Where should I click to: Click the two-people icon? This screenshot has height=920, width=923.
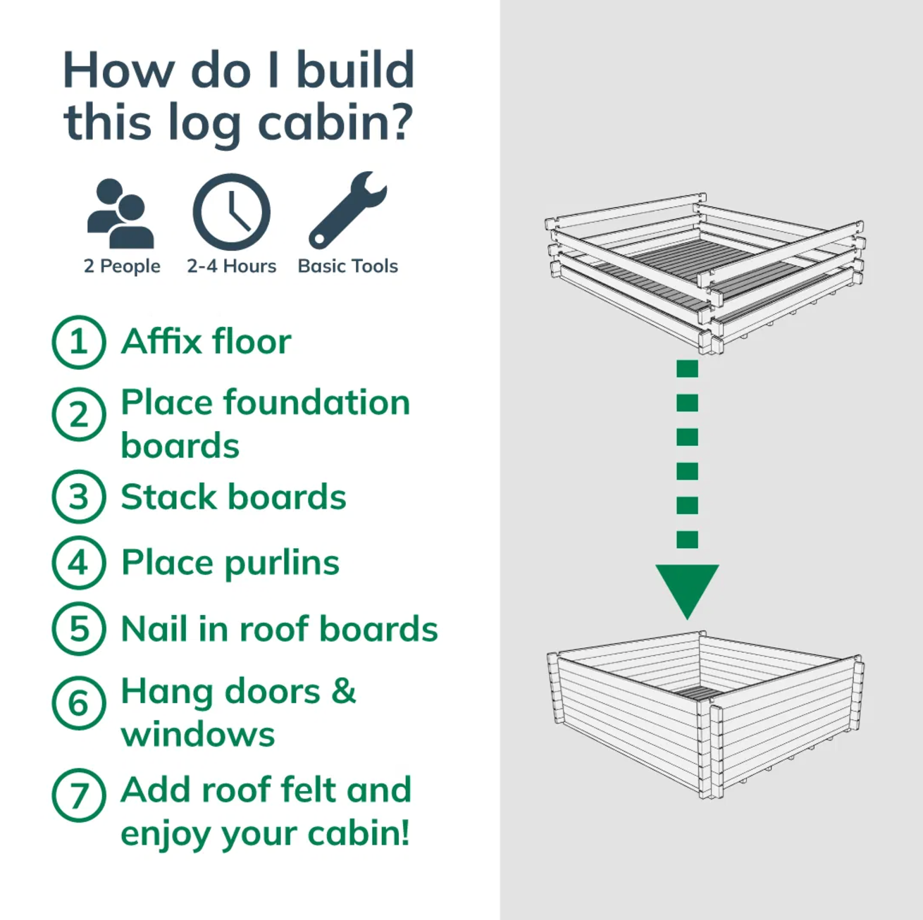point(120,214)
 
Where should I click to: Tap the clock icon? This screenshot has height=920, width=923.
point(231,212)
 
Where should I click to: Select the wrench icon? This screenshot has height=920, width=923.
point(347,210)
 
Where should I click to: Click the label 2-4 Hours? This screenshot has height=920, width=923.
point(231,266)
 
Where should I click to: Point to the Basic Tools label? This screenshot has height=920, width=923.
point(348,266)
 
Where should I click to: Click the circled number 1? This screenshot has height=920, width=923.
point(79,342)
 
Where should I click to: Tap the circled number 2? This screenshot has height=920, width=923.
point(79,414)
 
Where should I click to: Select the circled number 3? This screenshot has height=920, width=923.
point(79,497)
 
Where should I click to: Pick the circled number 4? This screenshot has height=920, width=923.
point(79,563)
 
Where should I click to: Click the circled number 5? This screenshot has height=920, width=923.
point(79,629)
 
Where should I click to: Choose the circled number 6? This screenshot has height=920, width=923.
point(79,702)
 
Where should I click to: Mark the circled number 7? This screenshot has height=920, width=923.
point(79,795)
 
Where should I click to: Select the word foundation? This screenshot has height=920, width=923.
point(316,403)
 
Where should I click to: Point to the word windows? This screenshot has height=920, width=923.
point(198,735)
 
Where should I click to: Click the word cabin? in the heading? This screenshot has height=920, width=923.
point(335,123)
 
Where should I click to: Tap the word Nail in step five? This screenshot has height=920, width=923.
point(155,629)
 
